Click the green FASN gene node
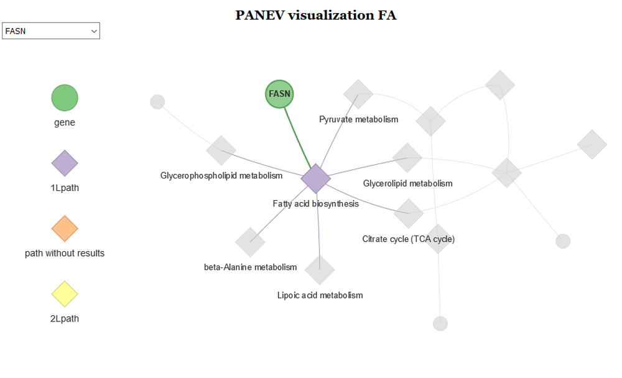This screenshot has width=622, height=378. point(279,94)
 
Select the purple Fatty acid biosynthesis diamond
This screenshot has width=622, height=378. point(315,178)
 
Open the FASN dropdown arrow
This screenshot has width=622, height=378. point(94,31)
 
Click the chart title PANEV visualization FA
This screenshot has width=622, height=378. point(315,16)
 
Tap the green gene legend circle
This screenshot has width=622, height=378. point(65,98)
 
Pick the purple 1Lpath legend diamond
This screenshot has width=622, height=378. point(65,164)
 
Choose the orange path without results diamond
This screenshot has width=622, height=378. point(65,229)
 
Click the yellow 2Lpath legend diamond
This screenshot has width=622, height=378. point(65,294)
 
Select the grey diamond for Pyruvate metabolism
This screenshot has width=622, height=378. point(358,94)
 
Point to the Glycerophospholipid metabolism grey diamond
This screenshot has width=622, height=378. point(221,150)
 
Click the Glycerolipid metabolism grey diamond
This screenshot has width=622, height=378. point(407,157)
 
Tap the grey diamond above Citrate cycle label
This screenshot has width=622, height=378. point(409,213)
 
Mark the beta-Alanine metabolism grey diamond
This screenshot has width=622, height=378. point(250,242)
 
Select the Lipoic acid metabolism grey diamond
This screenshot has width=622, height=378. point(320,269)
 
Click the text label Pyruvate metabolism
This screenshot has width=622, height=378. point(358,119)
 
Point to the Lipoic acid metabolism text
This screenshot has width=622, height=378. point(320,295)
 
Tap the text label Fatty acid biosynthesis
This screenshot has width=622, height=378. point(315,204)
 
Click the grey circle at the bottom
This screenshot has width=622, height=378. point(440,323)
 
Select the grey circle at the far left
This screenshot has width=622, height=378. point(157,101)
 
